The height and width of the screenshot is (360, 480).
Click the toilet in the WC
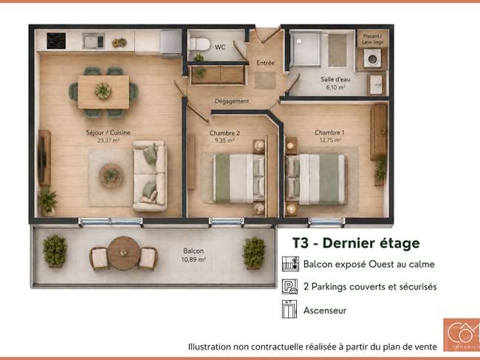click(199, 44)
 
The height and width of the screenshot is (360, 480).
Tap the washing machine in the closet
click(372, 58)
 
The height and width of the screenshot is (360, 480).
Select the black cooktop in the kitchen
click(56, 41)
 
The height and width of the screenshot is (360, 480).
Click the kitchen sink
click(94, 41)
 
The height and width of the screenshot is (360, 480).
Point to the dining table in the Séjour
click(103, 92)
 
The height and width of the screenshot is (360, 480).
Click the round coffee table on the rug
click(112, 176)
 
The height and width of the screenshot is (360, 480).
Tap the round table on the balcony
click(123, 253)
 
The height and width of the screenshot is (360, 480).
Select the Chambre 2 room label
click(224, 133)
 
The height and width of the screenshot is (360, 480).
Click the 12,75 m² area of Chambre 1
click(330, 140)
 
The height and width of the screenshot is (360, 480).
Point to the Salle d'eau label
click(335, 79)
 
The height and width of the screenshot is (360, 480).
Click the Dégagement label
click(232, 101)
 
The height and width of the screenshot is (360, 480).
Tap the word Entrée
click(265, 63)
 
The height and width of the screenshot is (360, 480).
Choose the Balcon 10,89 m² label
click(193, 255)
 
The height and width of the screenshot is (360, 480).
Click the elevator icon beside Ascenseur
click(289, 309)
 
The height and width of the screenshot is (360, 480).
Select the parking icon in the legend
click(289, 287)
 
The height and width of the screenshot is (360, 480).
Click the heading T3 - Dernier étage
click(356, 243)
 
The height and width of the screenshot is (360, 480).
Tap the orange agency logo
click(462, 335)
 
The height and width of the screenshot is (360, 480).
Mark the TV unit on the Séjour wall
click(44, 157)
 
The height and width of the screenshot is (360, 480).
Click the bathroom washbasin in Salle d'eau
click(376, 84)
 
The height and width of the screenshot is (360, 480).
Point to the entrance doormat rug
click(265, 81)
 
